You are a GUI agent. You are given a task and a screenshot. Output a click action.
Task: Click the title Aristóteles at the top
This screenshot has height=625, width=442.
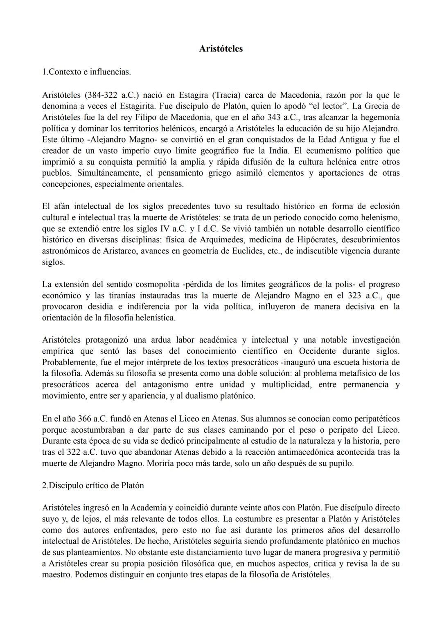[221, 49]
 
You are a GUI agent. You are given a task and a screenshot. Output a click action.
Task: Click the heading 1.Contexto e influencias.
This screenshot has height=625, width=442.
[86, 72]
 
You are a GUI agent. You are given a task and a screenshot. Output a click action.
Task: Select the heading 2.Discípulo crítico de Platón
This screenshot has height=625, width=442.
[93, 485]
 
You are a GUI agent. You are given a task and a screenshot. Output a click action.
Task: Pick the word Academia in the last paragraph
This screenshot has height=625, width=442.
[149, 508]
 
